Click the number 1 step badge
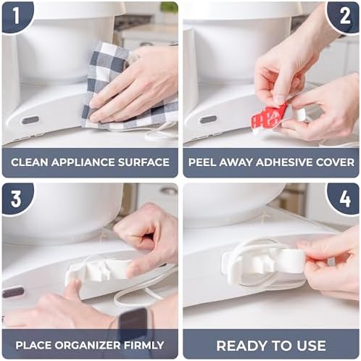(17, 17)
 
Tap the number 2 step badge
(344, 17)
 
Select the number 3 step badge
(17, 198)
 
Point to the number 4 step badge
(344, 198)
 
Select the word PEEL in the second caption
(202, 162)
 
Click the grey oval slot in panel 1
(30, 120)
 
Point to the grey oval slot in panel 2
(209, 120)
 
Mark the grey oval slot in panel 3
(12, 292)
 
